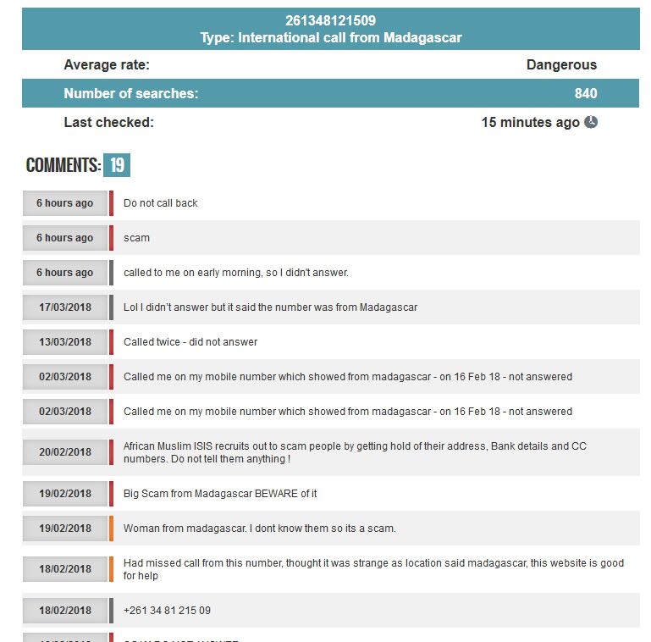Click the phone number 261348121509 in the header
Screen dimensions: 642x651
point(330,20)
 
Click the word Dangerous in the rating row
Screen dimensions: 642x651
point(561,64)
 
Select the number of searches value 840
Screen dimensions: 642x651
point(585,93)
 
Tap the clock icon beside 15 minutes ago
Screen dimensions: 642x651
point(591,122)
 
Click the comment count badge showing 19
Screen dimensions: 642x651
point(117,165)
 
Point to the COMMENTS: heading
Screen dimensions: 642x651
point(63,165)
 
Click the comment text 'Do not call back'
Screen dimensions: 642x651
point(161,203)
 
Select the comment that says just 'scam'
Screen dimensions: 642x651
point(136,238)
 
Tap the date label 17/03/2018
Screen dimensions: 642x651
point(65,307)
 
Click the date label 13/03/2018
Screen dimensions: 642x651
point(65,342)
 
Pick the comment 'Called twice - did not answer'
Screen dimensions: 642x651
point(190,342)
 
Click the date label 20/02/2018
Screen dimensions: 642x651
point(65,452)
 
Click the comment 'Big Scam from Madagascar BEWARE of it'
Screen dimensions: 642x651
point(220,494)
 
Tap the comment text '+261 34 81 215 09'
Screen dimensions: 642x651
point(167,611)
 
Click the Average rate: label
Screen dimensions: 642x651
point(107,64)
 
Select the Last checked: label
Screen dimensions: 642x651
point(109,122)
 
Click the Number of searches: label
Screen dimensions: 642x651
point(131,93)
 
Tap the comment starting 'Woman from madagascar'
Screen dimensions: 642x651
point(259,529)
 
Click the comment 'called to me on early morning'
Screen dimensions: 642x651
point(235,273)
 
